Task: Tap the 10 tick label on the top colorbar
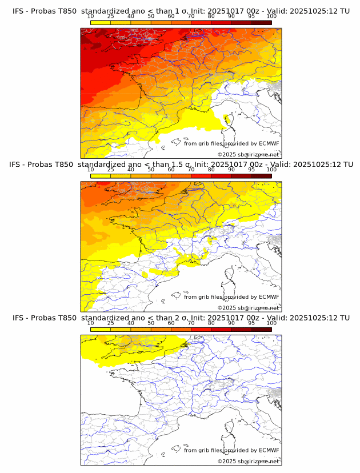[x=90, y=16]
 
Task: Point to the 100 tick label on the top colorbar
[x=271, y=16]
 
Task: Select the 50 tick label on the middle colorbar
[x=151, y=170]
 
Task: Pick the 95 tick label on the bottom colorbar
[x=251, y=323]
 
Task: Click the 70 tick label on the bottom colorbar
[x=191, y=323]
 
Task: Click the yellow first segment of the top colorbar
[x=101, y=22]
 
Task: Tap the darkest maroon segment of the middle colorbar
[x=261, y=175]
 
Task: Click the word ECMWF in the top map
[x=269, y=144]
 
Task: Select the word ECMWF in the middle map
[x=269, y=297]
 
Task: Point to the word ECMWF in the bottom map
[x=269, y=451]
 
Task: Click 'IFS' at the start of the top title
[x=18, y=11]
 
